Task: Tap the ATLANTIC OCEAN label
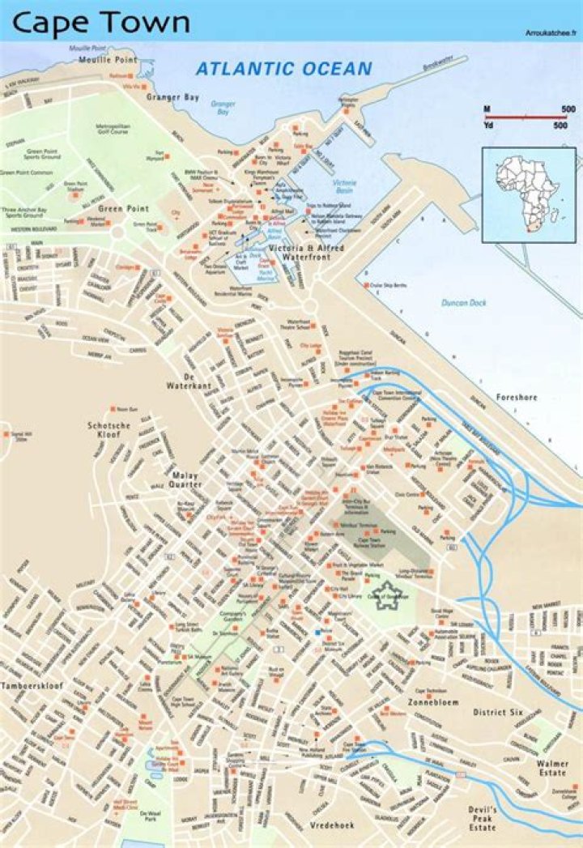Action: click(x=283, y=69)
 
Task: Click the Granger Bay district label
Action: click(x=172, y=98)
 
